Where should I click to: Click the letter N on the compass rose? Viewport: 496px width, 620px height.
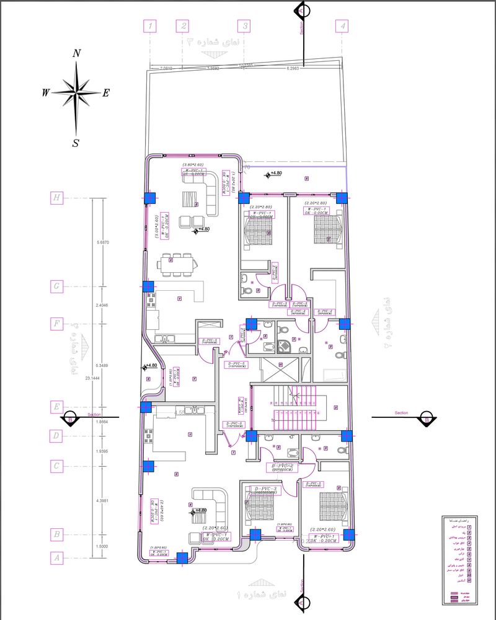[77, 53]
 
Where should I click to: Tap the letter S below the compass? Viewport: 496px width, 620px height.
[76, 143]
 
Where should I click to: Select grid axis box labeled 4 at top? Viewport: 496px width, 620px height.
[343, 26]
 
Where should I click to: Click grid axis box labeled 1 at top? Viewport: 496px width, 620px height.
[150, 26]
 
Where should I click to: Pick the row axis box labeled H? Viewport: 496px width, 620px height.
[57, 198]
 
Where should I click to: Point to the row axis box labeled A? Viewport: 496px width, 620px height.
[57, 558]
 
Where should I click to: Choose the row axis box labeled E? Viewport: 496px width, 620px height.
[57, 407]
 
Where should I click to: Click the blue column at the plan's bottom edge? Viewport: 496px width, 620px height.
[182, 558]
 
